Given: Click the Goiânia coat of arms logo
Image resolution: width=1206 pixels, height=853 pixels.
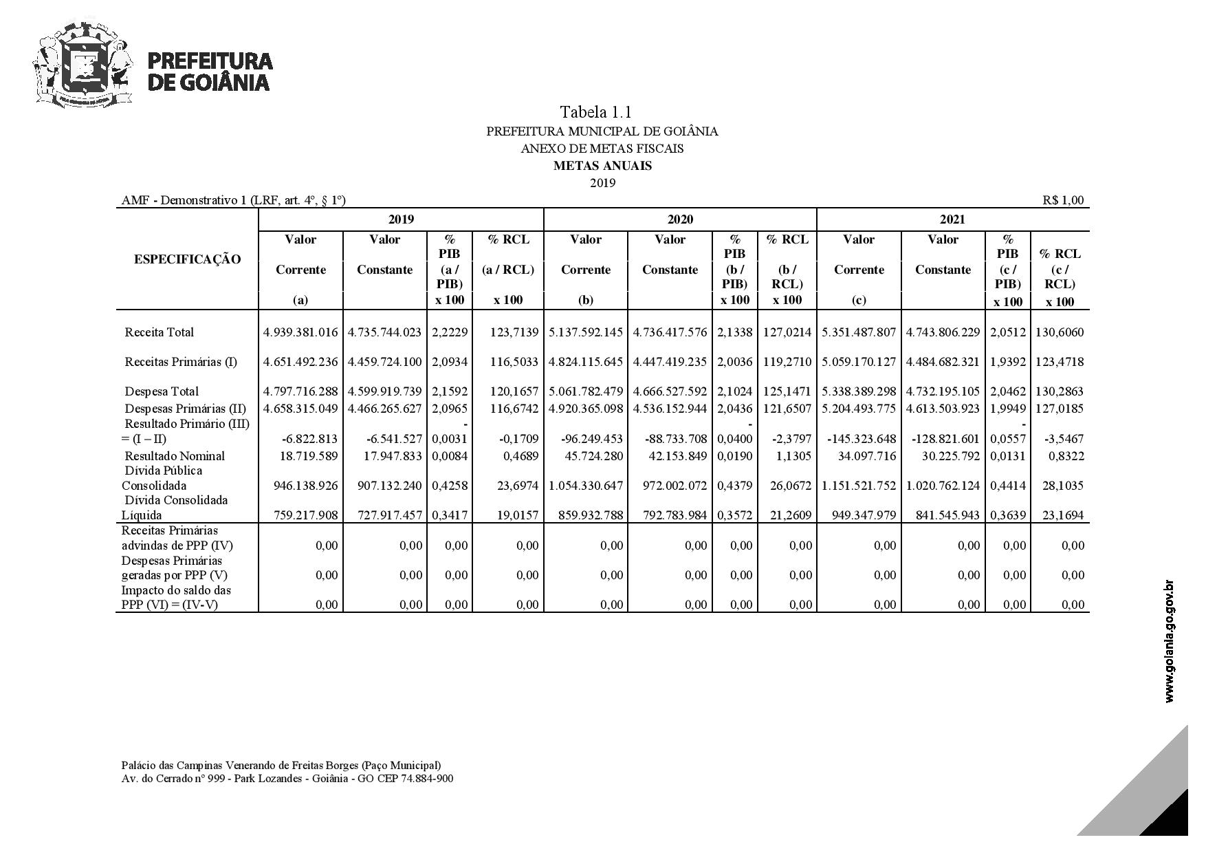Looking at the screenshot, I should (82, 65).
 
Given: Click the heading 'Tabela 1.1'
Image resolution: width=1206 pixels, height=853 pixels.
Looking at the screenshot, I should (595, 112).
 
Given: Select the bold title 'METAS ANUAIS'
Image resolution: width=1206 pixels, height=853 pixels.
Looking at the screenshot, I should (602, 166).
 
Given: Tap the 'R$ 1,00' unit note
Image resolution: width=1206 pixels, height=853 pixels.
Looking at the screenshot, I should (1062, 200).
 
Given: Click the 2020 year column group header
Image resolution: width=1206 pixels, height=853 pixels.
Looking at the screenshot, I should (680, 219).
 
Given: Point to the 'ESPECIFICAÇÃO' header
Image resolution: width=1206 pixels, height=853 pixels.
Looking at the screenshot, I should (187, 259).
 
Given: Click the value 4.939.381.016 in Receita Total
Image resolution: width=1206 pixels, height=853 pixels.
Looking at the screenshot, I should (300, 332).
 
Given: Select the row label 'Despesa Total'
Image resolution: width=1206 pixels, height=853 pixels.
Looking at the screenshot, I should (162, 391).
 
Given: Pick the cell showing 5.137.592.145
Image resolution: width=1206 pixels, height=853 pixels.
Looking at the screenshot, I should (586, 332).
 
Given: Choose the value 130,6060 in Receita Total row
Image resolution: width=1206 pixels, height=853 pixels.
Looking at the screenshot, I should (1060, 332).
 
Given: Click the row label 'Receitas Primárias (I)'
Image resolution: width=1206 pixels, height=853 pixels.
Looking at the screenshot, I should (181, 362).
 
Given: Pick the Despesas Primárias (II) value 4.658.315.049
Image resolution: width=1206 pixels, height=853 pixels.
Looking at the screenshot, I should (300, 409).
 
